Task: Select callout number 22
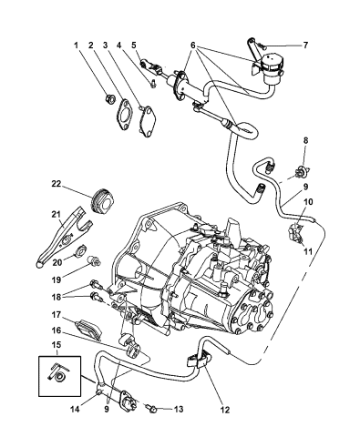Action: click(x=56, y=184)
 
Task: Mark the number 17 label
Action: click(x=56, y=315)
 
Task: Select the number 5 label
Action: click(x=133, y=45)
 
